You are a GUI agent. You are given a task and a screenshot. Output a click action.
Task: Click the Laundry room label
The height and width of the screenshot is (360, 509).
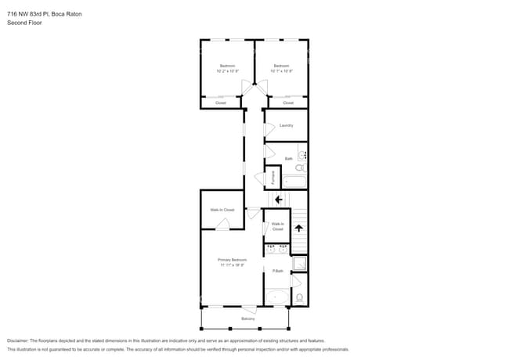pos(286,125)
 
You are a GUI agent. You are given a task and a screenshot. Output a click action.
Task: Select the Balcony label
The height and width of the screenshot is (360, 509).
pos(248,319)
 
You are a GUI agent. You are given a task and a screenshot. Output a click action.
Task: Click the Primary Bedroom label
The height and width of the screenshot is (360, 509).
pos(233,261)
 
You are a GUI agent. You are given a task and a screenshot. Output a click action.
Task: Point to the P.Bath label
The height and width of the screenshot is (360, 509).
pos(277,271)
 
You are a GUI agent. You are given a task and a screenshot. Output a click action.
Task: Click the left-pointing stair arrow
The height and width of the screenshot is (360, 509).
pos(279,199)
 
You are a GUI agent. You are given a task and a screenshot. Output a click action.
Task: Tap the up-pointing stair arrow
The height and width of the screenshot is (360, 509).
pos(298,229)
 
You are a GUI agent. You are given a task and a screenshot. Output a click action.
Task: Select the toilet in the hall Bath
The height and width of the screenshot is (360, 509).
pos(302,167)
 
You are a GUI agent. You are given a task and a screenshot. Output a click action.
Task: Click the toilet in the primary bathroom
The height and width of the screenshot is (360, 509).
pos(299,297)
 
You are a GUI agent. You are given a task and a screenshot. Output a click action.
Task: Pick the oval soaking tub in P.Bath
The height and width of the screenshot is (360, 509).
pos(276,297)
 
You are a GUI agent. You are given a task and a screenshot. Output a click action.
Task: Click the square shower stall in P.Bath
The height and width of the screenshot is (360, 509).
pos(299,263)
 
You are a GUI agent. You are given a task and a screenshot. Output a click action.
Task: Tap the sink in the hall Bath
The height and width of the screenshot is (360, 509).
pos(303,155)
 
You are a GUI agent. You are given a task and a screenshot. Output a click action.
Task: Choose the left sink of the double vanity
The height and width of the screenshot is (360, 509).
pos(271,250)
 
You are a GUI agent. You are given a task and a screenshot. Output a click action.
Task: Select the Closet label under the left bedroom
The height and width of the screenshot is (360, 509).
pos(221,103)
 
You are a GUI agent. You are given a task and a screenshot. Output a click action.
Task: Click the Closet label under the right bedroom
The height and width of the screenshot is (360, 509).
pos(288,103)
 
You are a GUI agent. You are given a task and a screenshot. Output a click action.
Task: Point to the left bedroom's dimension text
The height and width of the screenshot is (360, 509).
pos(227,71)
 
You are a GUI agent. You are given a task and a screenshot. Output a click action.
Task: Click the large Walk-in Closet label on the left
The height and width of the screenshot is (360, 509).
pos(222,210)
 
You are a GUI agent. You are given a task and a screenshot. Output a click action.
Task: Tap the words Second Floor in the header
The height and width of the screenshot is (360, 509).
pos(24,23)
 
